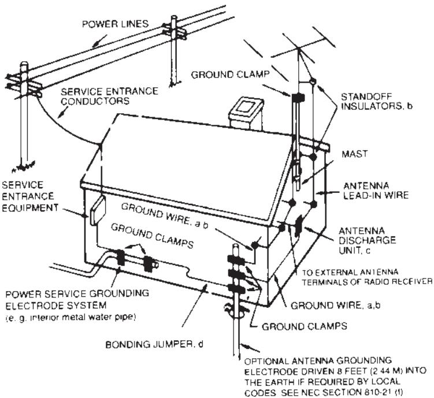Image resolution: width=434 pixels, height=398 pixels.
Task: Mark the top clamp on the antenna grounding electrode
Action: pos(236,257)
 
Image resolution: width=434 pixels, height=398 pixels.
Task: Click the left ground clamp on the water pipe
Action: pos(121,258)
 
